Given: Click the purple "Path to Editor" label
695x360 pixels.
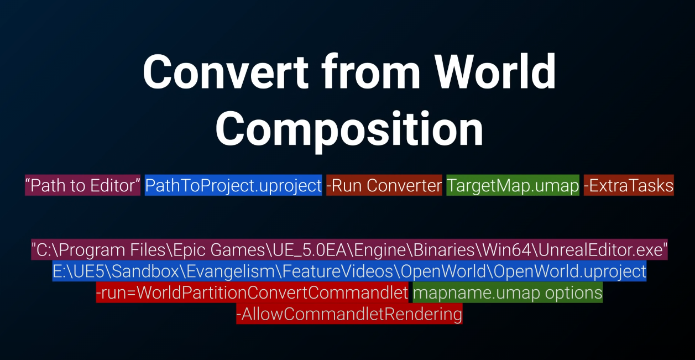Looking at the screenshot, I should (82, 186).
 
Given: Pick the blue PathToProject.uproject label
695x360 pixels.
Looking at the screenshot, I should (233, 186).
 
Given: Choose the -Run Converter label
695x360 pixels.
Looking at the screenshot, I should (384, 186).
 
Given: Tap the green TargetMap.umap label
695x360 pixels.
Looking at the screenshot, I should (513, 186).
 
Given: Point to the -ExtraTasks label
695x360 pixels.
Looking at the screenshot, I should (629, 186).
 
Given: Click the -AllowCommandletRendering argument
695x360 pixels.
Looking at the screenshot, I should (349, 314).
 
